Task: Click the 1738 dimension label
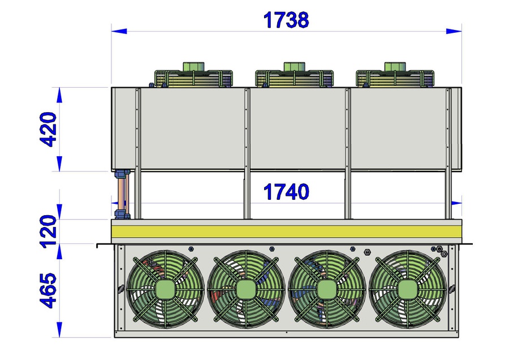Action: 286,20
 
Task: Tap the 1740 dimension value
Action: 286,192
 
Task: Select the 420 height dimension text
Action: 48,129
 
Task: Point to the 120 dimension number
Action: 48,232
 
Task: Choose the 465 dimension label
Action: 48,290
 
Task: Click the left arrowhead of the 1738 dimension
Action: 119,31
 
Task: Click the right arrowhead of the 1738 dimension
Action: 454,31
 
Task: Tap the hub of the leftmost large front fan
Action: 166,289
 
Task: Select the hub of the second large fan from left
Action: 246,289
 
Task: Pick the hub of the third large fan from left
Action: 327,289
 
